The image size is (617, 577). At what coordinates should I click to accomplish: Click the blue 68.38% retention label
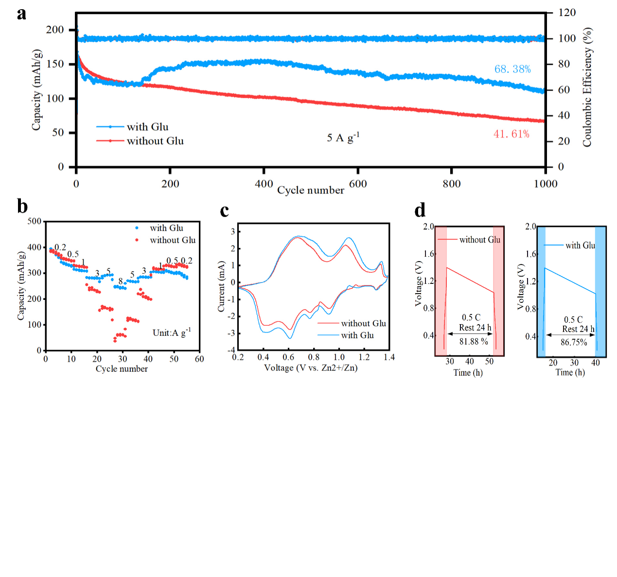click(x=512, y=69)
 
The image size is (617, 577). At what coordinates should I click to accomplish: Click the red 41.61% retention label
click(x=511, y=134)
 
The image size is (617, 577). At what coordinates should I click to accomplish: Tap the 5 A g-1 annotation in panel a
click(x=343, y=138)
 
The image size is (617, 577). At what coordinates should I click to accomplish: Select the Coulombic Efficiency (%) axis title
click(x=587, y=87)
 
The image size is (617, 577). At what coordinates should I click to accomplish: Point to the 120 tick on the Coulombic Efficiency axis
click(x=566, y=13)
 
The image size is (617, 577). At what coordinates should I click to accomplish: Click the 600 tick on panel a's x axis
click(x=358, y=184)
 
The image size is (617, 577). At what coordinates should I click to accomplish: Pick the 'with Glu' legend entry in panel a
click(x=147, y=127)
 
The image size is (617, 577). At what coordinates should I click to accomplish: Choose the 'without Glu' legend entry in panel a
click(x=155, y=141)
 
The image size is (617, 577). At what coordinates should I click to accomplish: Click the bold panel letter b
click(x=22, y=206)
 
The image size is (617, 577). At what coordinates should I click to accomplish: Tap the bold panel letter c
click(x=224, y=210)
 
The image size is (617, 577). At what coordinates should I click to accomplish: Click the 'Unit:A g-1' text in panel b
click(x=172, y=332)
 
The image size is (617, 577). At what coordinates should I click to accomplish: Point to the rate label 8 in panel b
click(x=121, y=281)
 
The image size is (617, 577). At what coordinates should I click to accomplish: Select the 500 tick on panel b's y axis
click(x=35, y=221)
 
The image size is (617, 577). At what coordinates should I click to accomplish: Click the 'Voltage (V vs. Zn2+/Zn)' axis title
click(x=311, y=368)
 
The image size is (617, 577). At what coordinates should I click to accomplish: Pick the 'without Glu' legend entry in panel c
click(x=363, y=323)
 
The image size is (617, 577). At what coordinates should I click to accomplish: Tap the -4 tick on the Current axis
click(x=232, y=350)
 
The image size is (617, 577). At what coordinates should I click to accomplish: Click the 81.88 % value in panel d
click(x=474, y=342)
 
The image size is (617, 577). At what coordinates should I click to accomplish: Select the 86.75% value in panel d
click(x=574, y=342)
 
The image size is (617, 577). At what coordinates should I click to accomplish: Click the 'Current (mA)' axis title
click(x=222, y=286)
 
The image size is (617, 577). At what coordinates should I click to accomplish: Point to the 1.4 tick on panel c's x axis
click(x=389, y=357)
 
